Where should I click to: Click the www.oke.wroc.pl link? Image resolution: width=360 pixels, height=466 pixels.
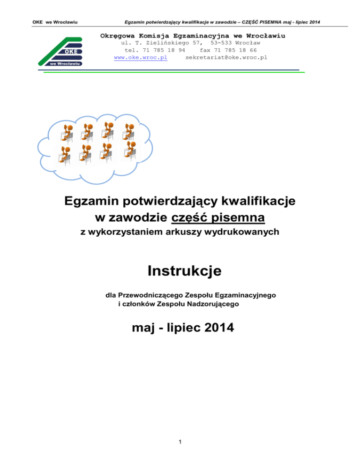[141, 57]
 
